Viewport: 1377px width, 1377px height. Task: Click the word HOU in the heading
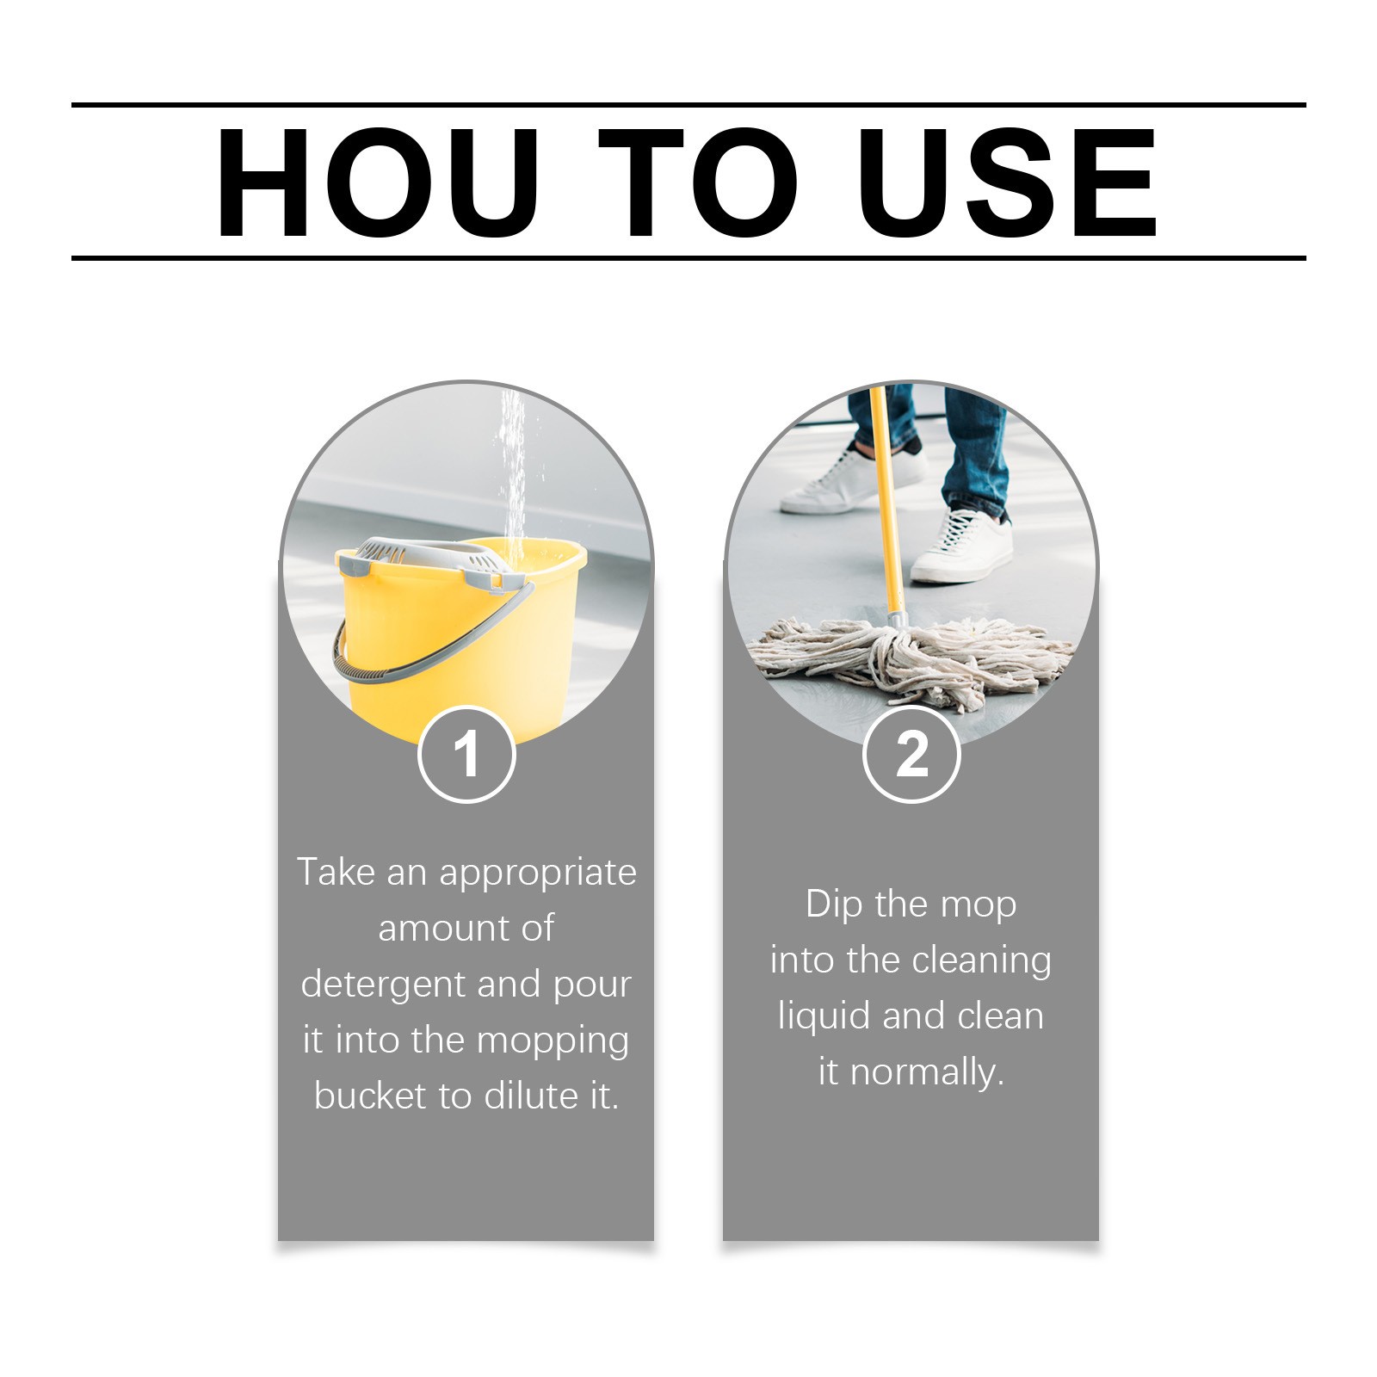click(x=377, y=182)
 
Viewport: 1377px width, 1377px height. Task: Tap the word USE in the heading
click(x=1008, y=182)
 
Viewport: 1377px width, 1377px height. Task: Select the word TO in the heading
click(x=698, y=182)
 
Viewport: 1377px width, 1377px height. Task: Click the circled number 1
click(x=466, y=755)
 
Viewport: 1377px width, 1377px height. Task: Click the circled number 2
click(x=911, y=755)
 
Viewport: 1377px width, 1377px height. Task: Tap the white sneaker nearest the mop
click(x=962, y=546)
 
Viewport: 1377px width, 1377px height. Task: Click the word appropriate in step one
click(x=538, y=874)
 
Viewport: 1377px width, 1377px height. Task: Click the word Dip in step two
click(x=834, y=905)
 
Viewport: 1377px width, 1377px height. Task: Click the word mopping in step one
click(x=553, y=1041)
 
